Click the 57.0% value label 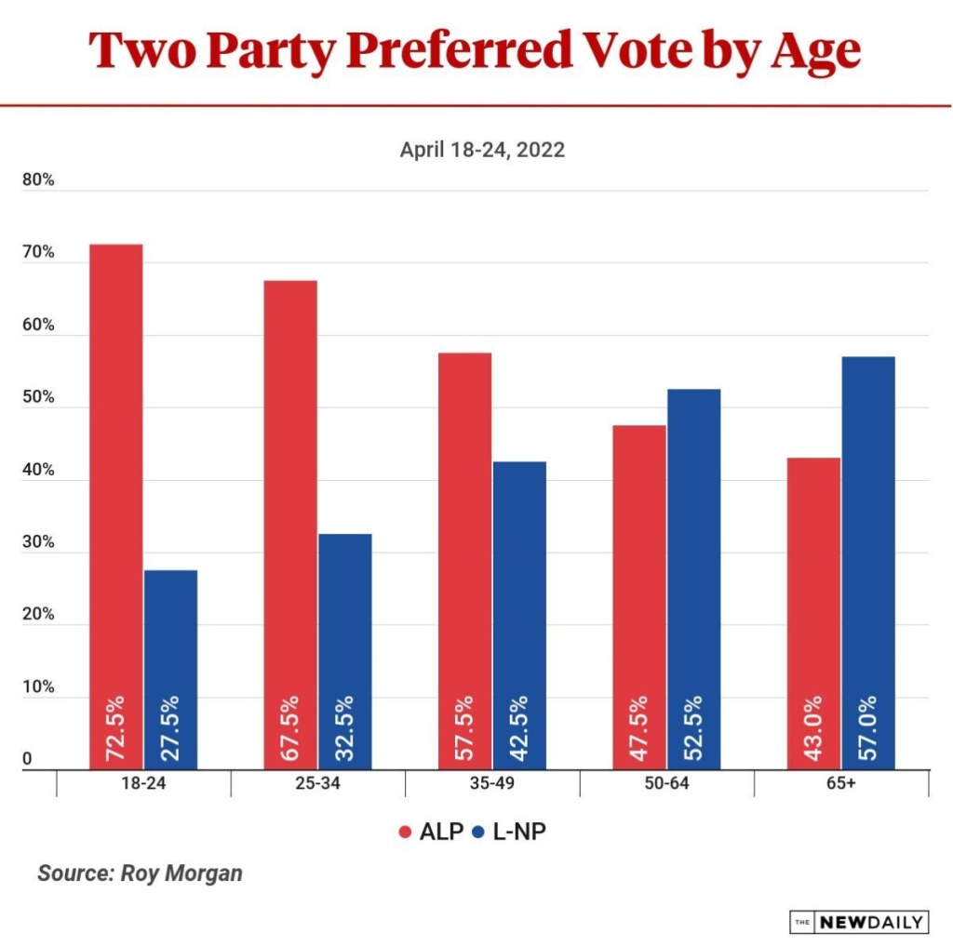click(868, 731)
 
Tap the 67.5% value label click(290, 731)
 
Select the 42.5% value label click(519, 731)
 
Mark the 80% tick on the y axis click(38, 181)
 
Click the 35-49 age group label click(492, 783)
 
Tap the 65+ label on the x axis click(840, 783)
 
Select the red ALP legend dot click(404, 832)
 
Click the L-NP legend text click(518, 832)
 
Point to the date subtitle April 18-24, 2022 click(482, 150)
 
